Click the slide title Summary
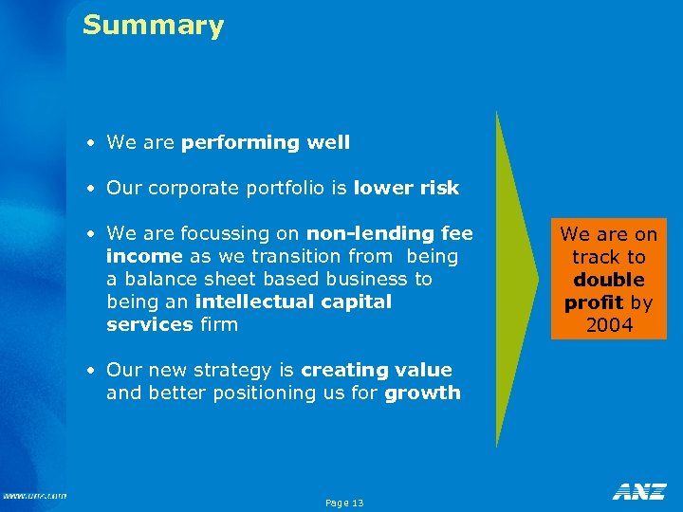pos(153,26)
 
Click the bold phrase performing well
pos(265,143)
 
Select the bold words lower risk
pos(406,189)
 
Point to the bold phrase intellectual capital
pos(293,302)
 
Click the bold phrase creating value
pos(377,371)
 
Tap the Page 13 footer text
pos(343,503)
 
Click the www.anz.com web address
pos(34,495)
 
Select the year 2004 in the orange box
pos(608,326)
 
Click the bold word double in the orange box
pos(608,281)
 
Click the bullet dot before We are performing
pos(88,144)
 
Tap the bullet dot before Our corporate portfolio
pos(88,190)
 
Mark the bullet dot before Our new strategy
pos(88,372)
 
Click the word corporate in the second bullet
pos(186,189)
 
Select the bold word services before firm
pos(149,325)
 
